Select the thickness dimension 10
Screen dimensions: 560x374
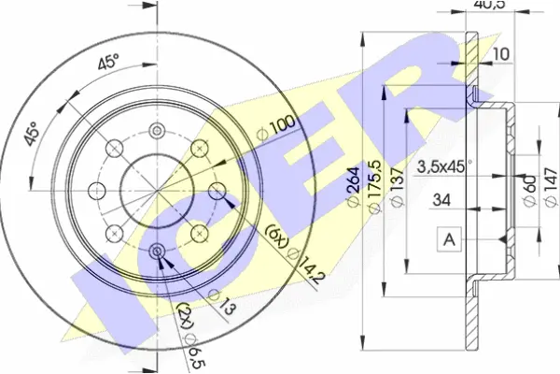501,54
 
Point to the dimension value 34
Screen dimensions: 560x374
441,200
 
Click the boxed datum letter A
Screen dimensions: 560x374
449,239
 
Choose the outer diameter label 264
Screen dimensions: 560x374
353,186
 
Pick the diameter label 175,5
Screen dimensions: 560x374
374,187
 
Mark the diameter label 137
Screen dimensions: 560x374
398,186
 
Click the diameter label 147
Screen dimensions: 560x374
551,187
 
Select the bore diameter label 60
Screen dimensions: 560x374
530,191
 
